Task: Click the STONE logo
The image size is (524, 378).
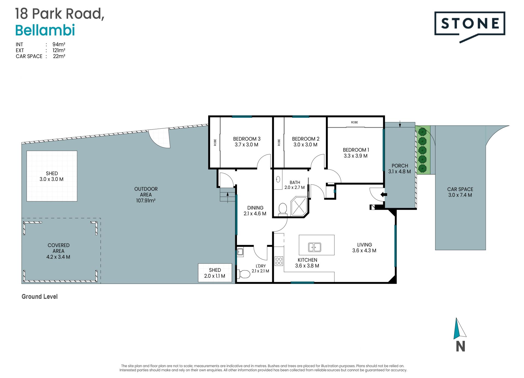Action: (469, 26)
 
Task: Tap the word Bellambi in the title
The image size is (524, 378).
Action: (45, 30)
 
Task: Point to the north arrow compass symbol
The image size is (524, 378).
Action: (460, 334)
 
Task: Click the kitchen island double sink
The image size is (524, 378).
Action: (315, 247)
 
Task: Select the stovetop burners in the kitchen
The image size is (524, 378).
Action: (279, 261)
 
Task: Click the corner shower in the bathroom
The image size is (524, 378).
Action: (299, 206)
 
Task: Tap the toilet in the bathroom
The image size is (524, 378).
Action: (283, 209)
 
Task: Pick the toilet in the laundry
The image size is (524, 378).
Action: (244, 274)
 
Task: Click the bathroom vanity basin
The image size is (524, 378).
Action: (278, 179)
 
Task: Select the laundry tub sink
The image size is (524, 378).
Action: (240, 252)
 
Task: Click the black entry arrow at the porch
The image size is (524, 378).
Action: (384, 195)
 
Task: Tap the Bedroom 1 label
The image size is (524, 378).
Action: (356, 153)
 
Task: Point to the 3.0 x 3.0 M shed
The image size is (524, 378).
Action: (52, 176)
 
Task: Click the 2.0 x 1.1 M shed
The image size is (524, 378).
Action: (215, 273)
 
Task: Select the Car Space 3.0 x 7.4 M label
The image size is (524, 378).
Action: (460, 192)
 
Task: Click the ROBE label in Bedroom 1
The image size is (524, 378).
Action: (355, 122)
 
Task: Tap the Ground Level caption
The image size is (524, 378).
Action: (40, 297)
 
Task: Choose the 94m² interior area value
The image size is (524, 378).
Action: (59, 44)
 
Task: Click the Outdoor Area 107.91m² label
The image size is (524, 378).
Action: (146, 195)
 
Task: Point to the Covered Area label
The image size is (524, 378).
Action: (58, 251)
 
